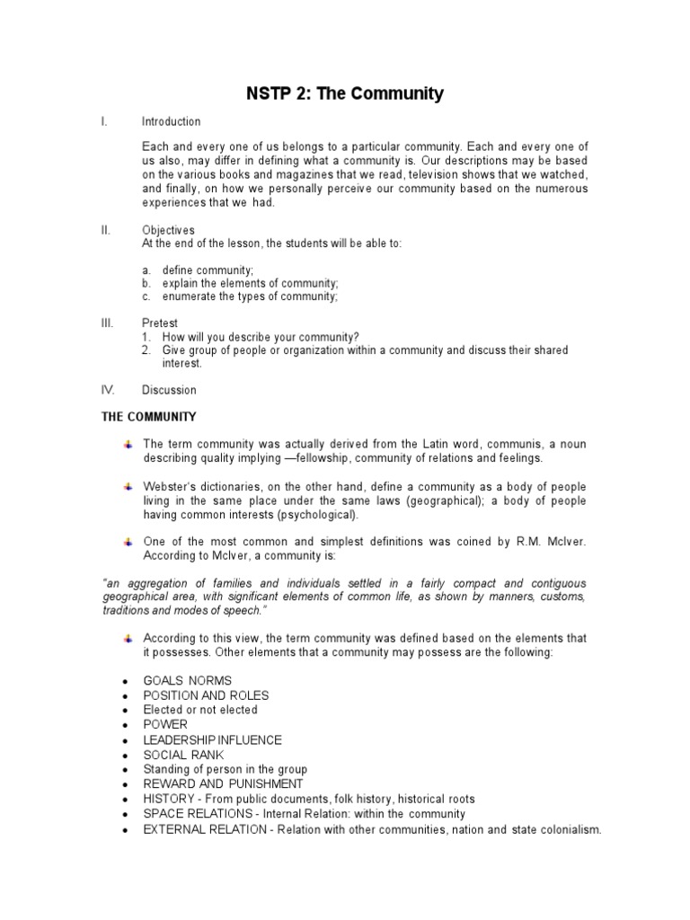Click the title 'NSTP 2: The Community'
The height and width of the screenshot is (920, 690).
(345, 93)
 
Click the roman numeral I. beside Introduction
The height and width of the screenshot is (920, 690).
(105, 121)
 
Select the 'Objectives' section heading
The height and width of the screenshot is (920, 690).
(168, 230)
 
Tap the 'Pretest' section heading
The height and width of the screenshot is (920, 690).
(160, 323)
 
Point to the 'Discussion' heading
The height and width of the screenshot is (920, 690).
(169, 390)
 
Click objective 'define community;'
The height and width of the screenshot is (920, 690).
(208, 270)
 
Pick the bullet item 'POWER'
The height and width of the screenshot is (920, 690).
(165, 724)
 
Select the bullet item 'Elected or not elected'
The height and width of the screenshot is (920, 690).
(200, 710)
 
